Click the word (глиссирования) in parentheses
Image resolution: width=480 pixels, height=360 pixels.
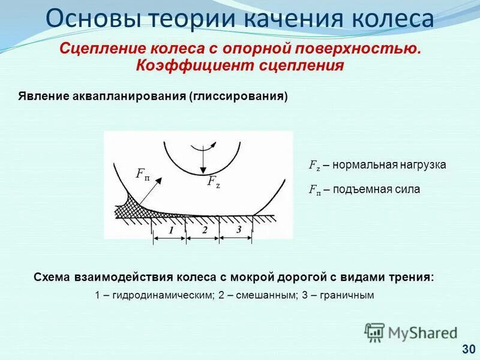click(x=239, y=97)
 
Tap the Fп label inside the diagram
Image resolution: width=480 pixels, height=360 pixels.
click(x=143, y=175)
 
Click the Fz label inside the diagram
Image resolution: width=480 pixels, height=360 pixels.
click(x=213, y=182)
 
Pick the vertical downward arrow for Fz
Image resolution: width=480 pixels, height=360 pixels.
click(x=204, y=161)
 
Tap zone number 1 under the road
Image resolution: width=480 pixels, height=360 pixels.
click(x=170, y=230)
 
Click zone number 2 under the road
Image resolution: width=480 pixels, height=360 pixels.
click(x=204, y=230)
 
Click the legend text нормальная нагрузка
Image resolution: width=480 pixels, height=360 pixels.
click(x=389, y=165)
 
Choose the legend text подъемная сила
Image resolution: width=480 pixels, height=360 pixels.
click(x=376, y=190)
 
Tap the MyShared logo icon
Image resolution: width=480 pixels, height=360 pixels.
click(x=374, y=332)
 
